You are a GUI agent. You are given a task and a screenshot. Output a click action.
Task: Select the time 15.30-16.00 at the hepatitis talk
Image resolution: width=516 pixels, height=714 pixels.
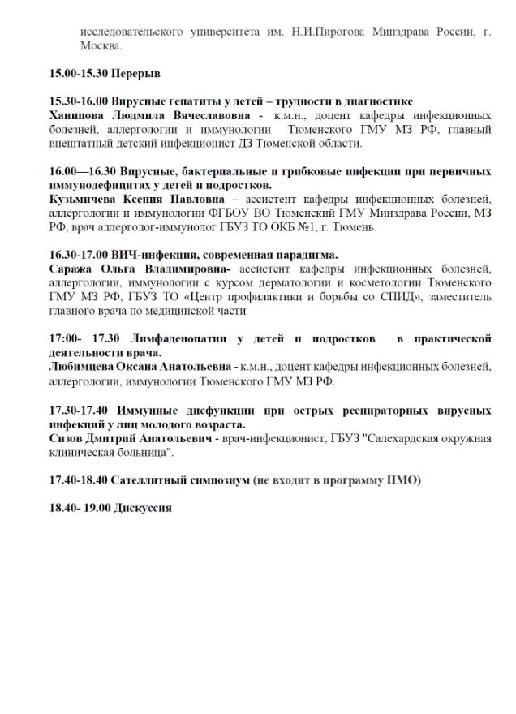[78, 101]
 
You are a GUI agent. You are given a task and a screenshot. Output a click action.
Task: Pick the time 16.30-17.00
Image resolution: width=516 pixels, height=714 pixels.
[78, 255]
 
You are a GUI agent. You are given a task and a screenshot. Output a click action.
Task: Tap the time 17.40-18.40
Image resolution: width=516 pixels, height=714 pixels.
[78, 480]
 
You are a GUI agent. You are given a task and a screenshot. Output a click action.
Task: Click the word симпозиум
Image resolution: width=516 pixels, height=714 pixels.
[213, 480]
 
